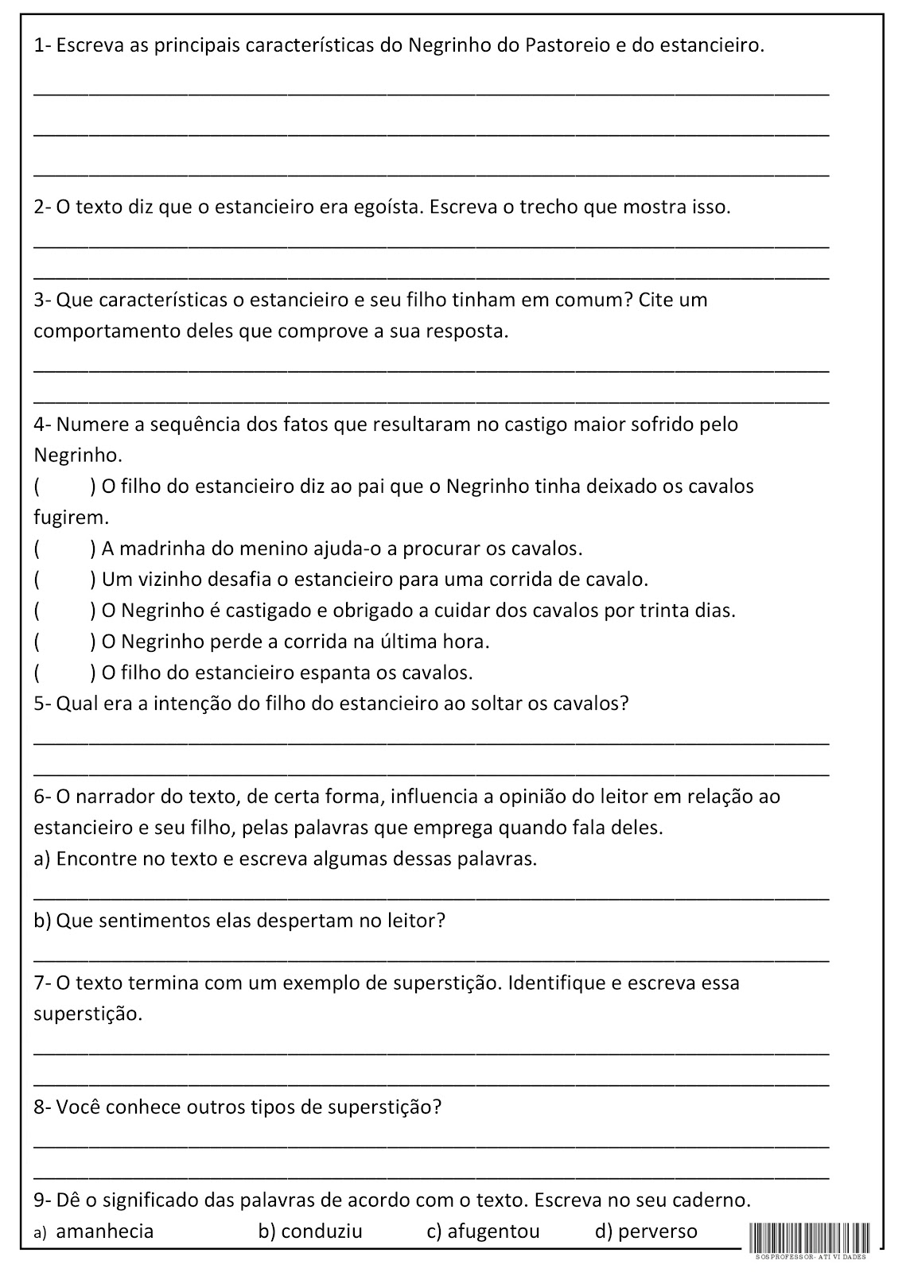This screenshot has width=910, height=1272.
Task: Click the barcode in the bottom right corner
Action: [809, 1239]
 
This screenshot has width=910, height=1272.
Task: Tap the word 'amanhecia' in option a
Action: [105, 1231]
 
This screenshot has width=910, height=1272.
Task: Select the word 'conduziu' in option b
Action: [321, 1231]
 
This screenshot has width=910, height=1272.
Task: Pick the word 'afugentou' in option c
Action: [493, 1231]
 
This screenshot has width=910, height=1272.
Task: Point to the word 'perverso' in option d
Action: [657, 1231]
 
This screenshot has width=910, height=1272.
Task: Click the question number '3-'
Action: [43, 301]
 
